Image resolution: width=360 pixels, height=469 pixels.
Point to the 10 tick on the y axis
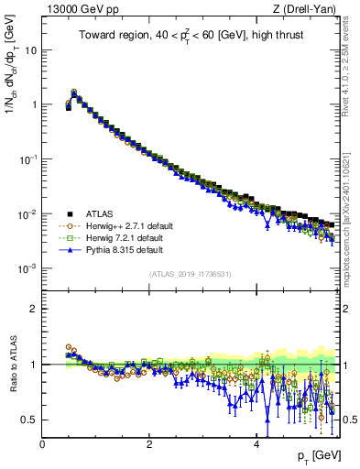pyautogui.click(x=31, y=49)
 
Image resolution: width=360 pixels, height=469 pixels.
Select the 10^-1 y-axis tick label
pyautogui.click(x=27, y=158)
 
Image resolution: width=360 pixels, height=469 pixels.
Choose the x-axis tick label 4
pyautogui.click(x=256, y=443)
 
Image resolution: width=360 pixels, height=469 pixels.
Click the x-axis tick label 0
pyautogui.click(x=43, y=443)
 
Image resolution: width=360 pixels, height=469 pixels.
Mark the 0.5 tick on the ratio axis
pyautogui.click(x=29, y=420)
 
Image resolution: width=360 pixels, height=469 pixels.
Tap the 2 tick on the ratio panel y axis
pyautogui.click(x=34, y=309)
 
